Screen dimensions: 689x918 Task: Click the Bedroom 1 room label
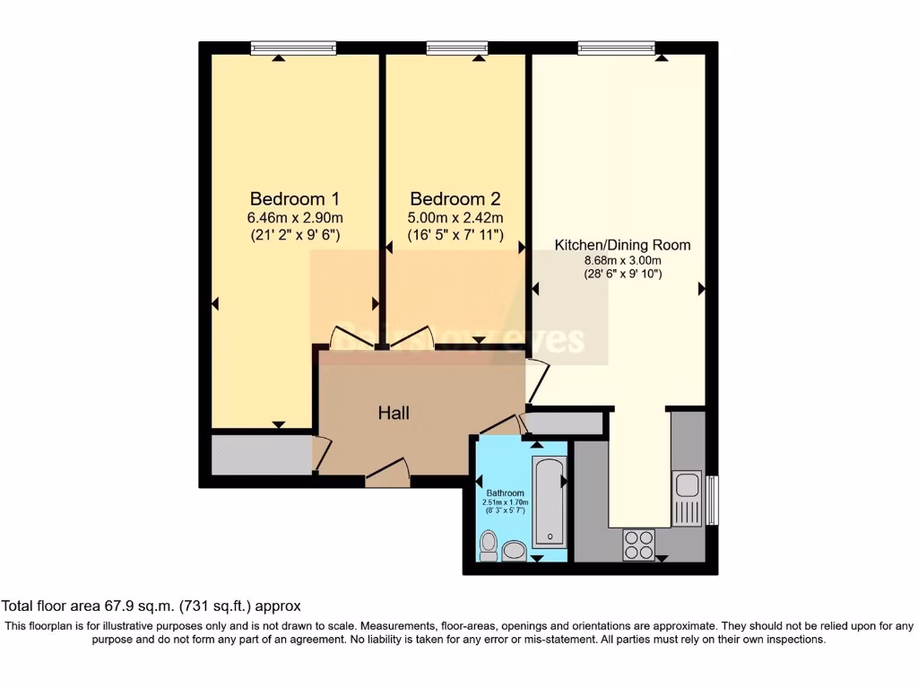(x=294, y=198)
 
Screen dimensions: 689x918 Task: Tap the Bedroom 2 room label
(x=455, y=198)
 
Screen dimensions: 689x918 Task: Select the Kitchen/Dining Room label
(x=622, y=244)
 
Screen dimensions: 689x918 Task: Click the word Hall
(x=394, y=413)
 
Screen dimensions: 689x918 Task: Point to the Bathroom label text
(x=505, y=493)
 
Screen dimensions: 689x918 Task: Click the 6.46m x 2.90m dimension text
(x=294, y=218)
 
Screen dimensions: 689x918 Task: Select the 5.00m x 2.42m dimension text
(x=455, y=218)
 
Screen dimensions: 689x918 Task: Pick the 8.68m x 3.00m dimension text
(x=622, y=259)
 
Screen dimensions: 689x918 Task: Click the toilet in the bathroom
(x=489, y=545)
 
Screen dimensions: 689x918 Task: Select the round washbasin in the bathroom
(x=515, y=550)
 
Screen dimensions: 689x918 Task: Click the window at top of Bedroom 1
(x=293, y=48)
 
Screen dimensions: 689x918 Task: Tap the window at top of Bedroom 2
(x=457, y=48)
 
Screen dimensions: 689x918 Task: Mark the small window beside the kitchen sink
(x=713, y=500)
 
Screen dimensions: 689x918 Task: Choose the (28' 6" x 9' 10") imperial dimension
(x=622, y=274)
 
